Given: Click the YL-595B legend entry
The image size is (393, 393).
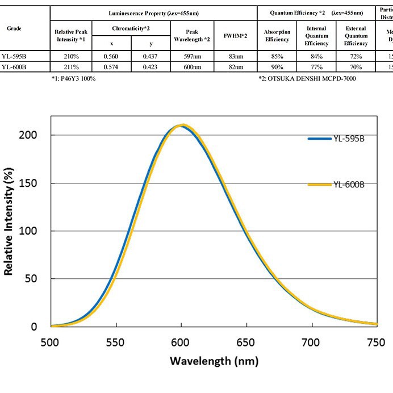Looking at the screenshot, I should [348, 138].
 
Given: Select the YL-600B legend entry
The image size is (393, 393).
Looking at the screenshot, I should [348, 185].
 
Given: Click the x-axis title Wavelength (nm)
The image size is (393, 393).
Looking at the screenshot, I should [214, 361].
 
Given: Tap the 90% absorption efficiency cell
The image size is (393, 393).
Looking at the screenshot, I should [277, 66].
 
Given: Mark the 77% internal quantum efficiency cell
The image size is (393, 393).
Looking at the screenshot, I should [316, 66].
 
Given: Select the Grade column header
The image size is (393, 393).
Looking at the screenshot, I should [14, 28].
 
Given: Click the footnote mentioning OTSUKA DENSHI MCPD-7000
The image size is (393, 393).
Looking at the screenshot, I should [307, 78].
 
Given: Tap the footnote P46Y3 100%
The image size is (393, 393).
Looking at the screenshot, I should [73, 78].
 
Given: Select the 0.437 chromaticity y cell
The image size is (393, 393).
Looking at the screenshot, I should [151, 56].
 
